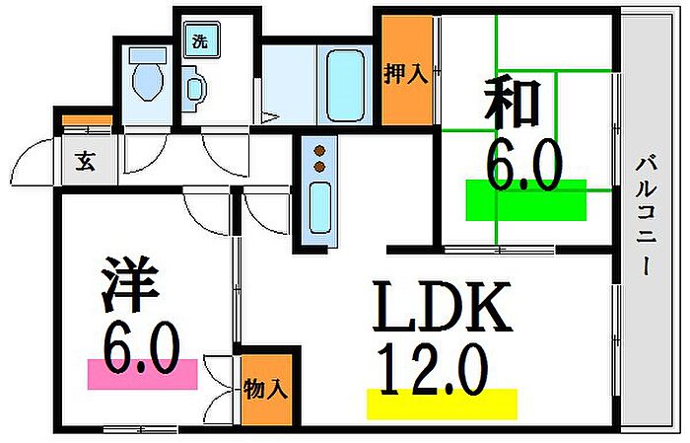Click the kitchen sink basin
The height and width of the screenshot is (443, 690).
(x=320, y=205)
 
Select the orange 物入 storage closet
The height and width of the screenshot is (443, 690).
(x=266, y=388)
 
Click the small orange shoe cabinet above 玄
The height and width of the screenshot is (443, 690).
(x=86, y=123)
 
